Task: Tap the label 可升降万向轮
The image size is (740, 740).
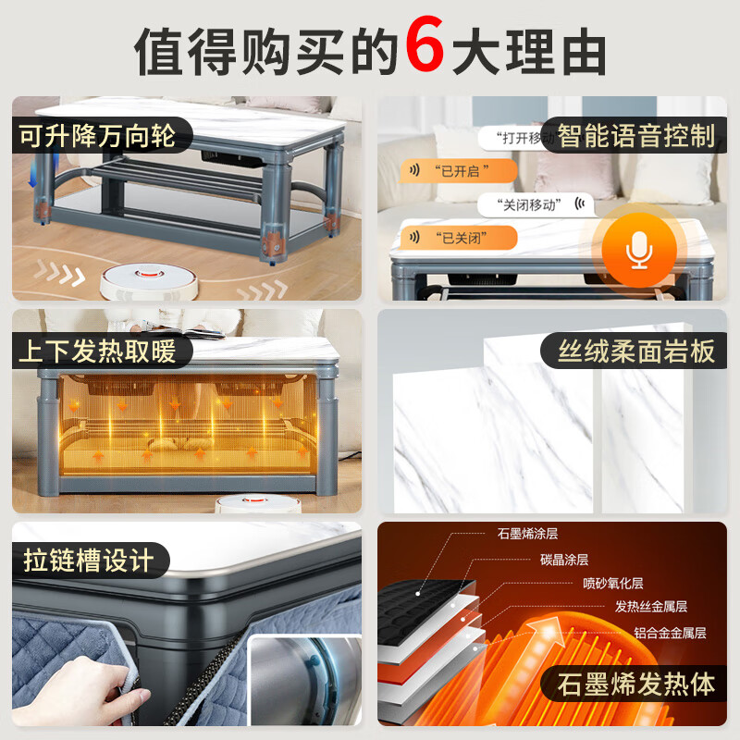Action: pyautogui.click(x=99, y=138)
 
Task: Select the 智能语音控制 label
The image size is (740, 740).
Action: pyautogui.click(x=636, y=137)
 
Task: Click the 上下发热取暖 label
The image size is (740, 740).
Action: pyautogui.click(x=99, y=351)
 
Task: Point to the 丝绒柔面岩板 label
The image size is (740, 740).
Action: pyautogui.click(x=636, y=351)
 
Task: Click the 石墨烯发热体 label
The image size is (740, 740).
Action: pyautogui.click(x=636, y=684)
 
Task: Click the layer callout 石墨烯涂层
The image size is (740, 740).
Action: pyautogui.click(x=527, y=534)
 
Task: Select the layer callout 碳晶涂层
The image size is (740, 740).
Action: pyautogui.click(x=563, y=559)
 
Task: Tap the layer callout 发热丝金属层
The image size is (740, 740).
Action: pyautogui.click(x=650, y=607)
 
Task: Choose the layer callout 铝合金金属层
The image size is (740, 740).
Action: pyautogui.click(x=670, y=633)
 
